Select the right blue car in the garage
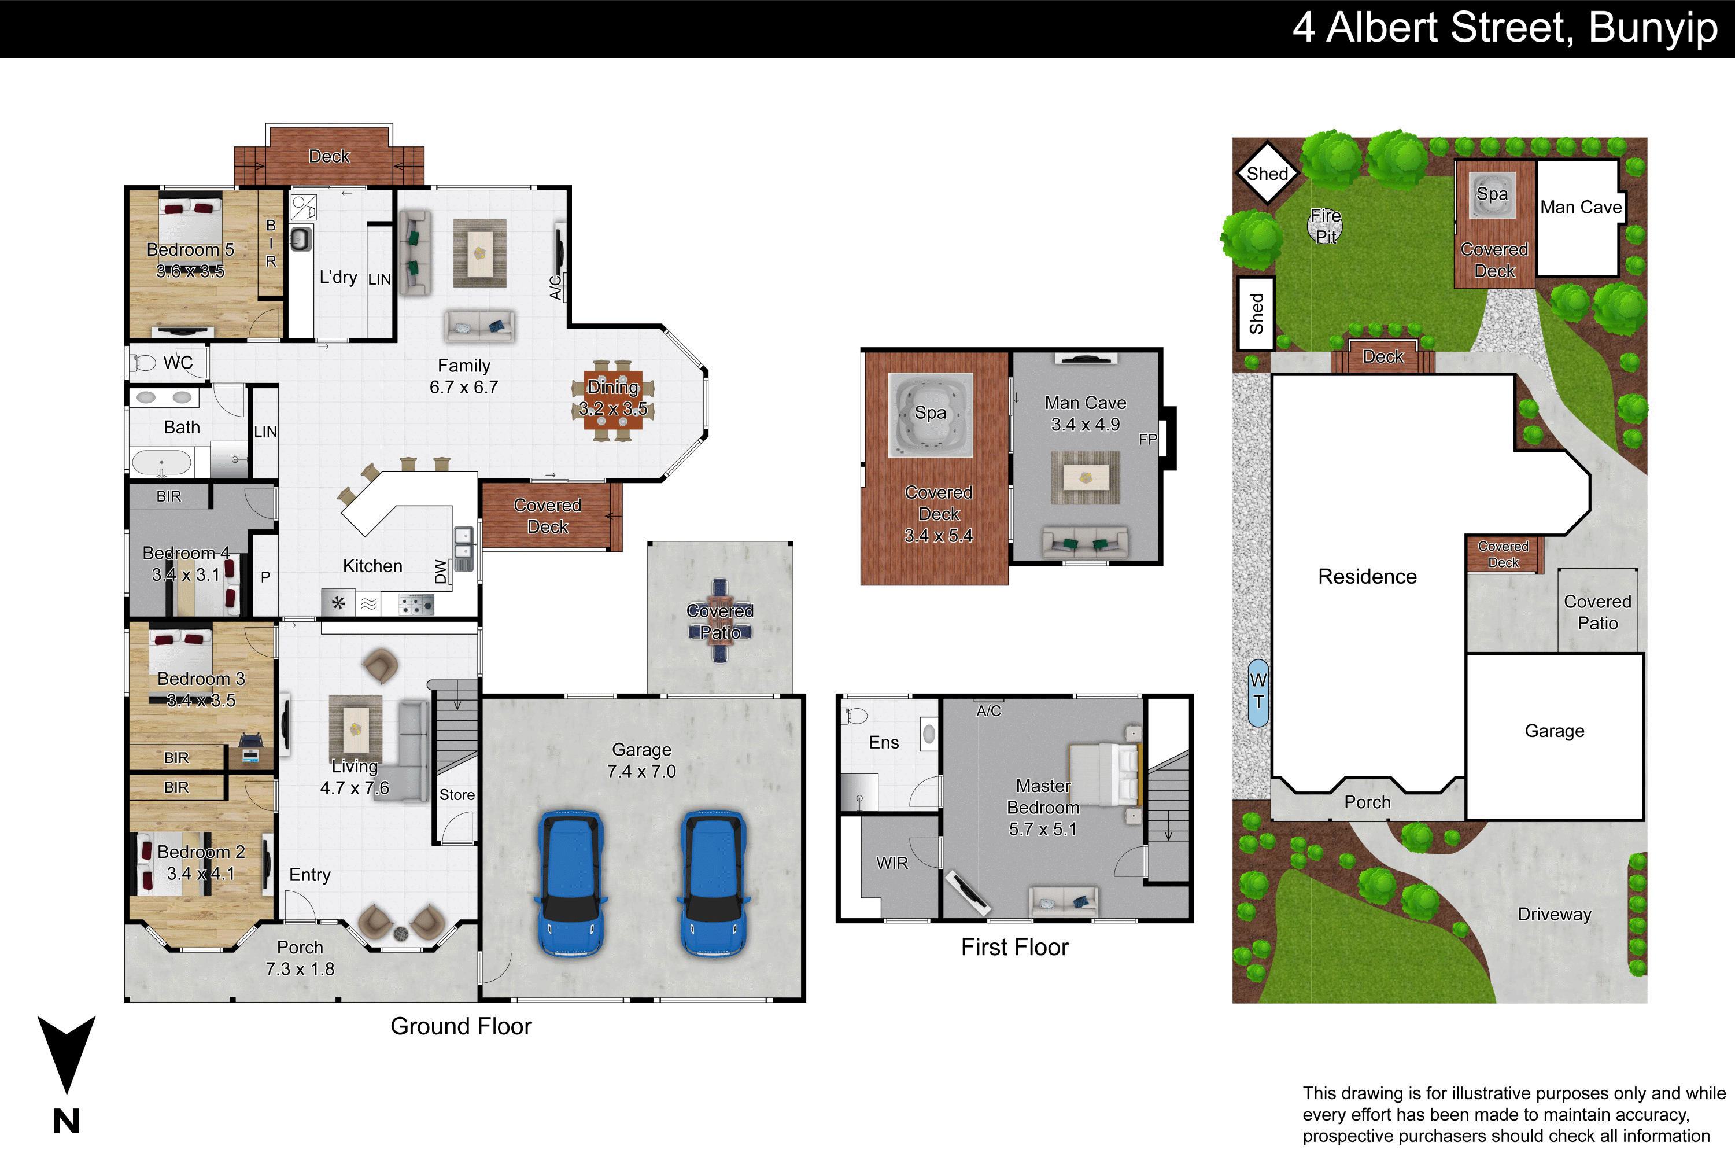click(713, 883)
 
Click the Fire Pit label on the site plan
click(1326, 226)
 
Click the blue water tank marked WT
click(1258, 692)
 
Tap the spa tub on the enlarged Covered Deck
click(930, 415)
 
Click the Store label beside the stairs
click(457, 795)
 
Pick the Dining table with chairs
click(612, 399)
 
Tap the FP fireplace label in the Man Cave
click(1148, 439)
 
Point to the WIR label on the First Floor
click(892, 863)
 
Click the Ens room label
click(884, 742)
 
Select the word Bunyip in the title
click(1653, 30)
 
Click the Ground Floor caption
click(461, 1026)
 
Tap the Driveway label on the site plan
click(1555, 914)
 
